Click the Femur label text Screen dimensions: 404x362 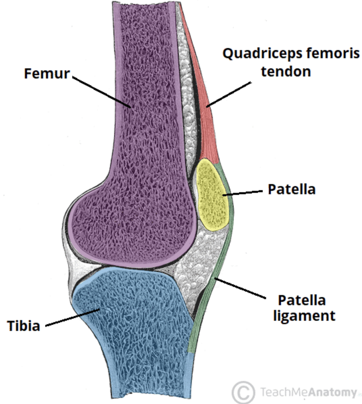point(47,73)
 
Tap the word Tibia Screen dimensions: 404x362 point(24,326)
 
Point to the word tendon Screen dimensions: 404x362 point(286,72)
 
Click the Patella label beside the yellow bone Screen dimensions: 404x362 point(291,189)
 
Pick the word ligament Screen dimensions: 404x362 point(304,316)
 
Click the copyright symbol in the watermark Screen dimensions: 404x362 point(243,392)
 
